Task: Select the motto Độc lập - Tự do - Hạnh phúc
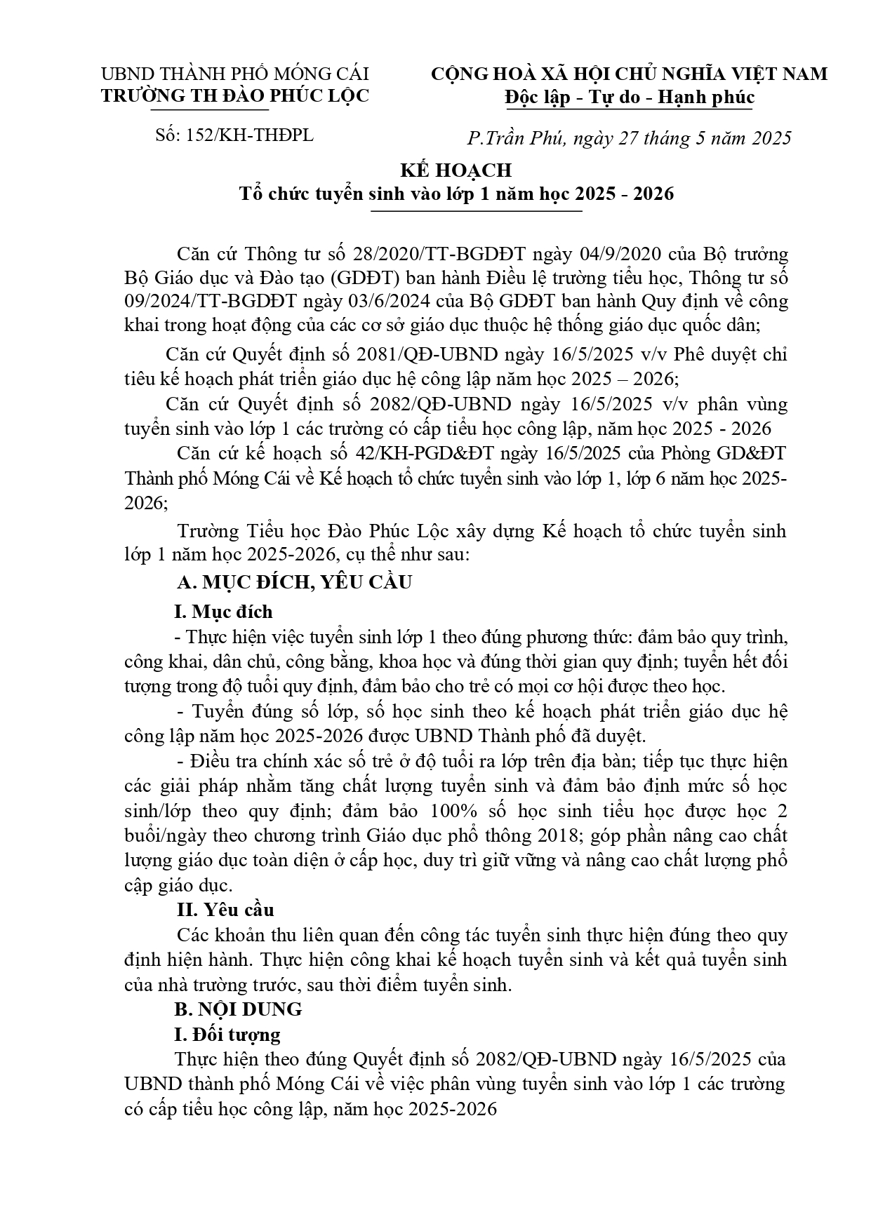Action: [629, 97]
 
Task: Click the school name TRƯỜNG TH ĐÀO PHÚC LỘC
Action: [235, 96]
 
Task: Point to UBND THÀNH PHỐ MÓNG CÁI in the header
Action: [235, 74]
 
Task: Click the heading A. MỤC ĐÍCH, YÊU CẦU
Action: [294, 582]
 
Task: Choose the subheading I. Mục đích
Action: [223, 612]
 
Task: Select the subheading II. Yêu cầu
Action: [225, 910]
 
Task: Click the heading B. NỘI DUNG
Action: [239, 1009]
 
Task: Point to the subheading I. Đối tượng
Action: [227, 1034]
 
